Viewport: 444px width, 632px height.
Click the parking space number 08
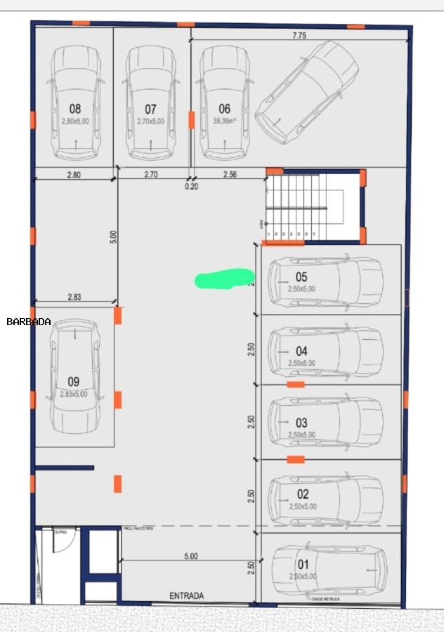[x=75, y=109]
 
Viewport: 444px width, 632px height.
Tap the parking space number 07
[x=150, y=109]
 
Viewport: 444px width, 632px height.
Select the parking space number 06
[x=224, y=109]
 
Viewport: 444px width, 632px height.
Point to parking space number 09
[x=74, y=381]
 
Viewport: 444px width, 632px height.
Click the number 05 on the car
[x=301, y=277]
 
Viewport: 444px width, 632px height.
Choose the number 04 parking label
[x=301, y=351]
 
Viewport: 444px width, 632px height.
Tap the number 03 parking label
[x=301, y=423]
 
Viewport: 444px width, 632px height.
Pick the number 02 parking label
[x=303, y=494]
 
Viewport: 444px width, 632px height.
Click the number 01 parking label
[x=303, y=564]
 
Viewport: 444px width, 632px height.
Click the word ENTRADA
[x=186, y=595]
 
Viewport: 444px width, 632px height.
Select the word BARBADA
[x=28, y=322]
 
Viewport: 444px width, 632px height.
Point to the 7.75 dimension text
[x=299, y=36]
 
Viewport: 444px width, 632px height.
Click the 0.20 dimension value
[x=191, y=187]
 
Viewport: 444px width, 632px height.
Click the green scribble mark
[x=223, y=279]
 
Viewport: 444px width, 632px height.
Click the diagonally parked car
[x=306, y=92]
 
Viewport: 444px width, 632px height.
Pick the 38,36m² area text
[x=224, y=121]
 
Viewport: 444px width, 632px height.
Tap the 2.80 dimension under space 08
[x=72, y=174]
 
